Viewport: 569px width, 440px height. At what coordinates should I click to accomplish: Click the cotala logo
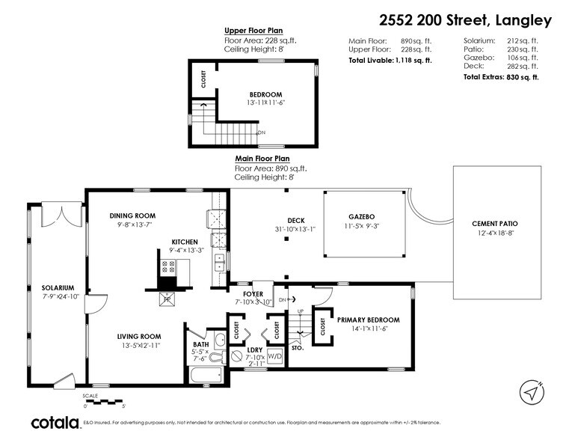(x=55, y=423)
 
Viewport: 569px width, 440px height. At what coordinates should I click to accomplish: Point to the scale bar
(x=104, y=402)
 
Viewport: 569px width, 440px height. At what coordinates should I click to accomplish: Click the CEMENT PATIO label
(x=494, y=224)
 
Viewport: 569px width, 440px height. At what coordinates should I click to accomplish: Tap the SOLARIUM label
(x=58, y=287)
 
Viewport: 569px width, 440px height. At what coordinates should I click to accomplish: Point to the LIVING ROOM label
(x=140, y=337)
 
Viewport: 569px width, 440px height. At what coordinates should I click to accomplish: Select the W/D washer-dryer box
(x=274, y=356)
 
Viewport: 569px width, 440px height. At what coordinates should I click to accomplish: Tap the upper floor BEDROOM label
(x=265, y=94)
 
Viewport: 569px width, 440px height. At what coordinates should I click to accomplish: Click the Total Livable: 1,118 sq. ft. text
(x=390, y=61)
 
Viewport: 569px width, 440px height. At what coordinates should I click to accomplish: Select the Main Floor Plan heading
(x=262, y=159)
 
